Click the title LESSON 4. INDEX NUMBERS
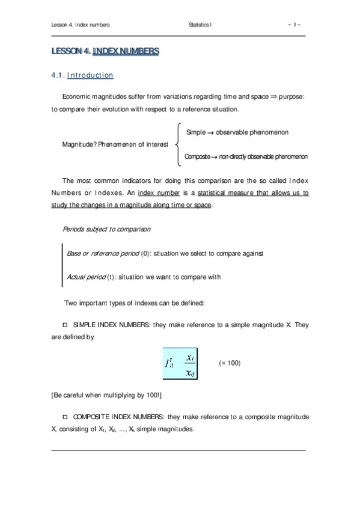point(105,52)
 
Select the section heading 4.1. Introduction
point(82,76)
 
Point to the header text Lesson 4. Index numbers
point(81,25)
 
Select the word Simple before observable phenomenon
point(196,132)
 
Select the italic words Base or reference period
point(102,254)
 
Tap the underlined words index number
point(157,193)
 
